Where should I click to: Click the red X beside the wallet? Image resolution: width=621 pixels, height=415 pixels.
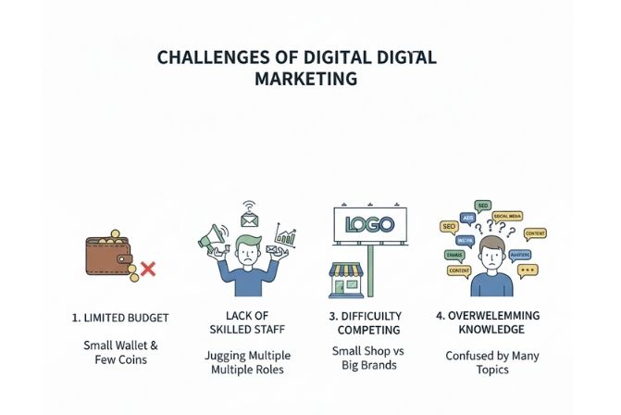(x=146, y=270)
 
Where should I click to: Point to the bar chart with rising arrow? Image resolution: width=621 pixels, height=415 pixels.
(x=286, y=238)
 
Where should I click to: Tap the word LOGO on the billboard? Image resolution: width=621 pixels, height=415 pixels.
(x=370, y=224)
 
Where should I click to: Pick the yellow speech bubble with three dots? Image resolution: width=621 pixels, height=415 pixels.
(x=528, y=270)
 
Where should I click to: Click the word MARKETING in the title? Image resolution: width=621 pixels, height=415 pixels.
(x=305, y=79)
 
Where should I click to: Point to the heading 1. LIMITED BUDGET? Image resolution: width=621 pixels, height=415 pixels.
(x=120, y=318)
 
